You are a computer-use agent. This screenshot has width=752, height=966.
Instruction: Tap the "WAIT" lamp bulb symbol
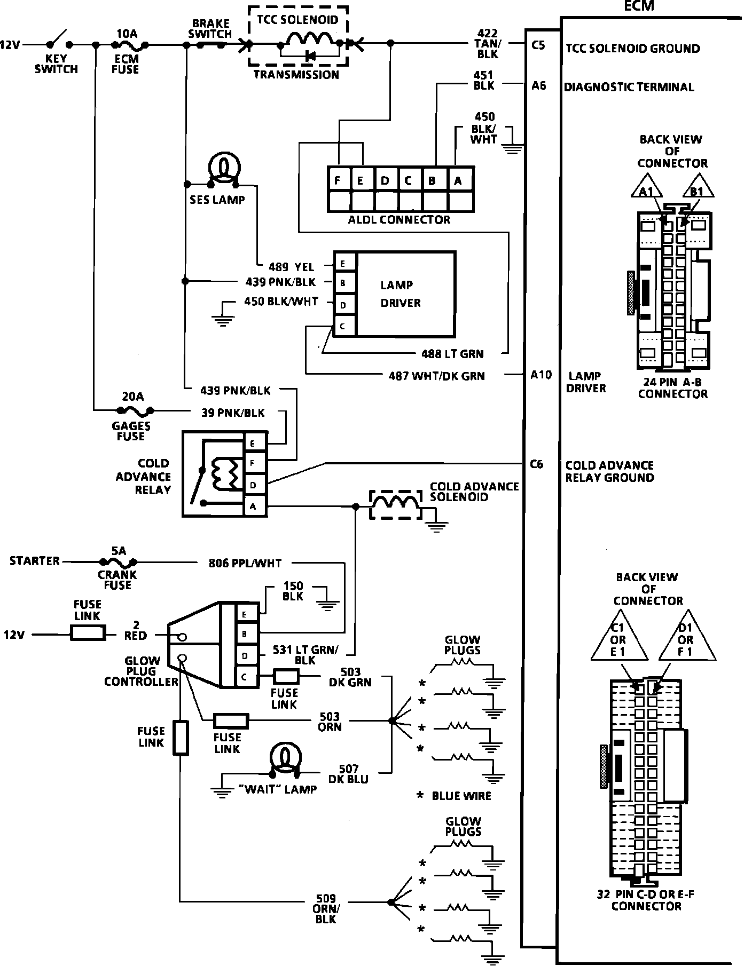(x=286, y=758)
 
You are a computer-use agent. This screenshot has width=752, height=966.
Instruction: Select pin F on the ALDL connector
(x=338, y=180)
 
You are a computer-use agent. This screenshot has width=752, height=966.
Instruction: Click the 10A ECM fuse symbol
(x=127, y=45)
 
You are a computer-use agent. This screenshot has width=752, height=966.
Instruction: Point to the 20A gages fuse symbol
(x=134, y=410)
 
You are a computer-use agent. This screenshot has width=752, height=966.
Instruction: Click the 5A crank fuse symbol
(x=119, y=561)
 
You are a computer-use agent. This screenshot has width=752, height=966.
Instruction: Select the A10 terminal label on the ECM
(x=540, y=375)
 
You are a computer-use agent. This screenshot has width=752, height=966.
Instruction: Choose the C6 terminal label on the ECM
(x=537, y=464)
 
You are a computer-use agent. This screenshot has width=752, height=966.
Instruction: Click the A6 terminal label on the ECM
(x=538, y=85)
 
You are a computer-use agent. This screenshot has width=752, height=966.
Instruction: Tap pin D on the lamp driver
(x=344, y=305)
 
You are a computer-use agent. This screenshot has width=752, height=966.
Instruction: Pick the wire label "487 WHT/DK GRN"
(x=436, y=376)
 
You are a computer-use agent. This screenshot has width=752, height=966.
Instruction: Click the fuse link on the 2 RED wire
(x=88, y=634)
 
